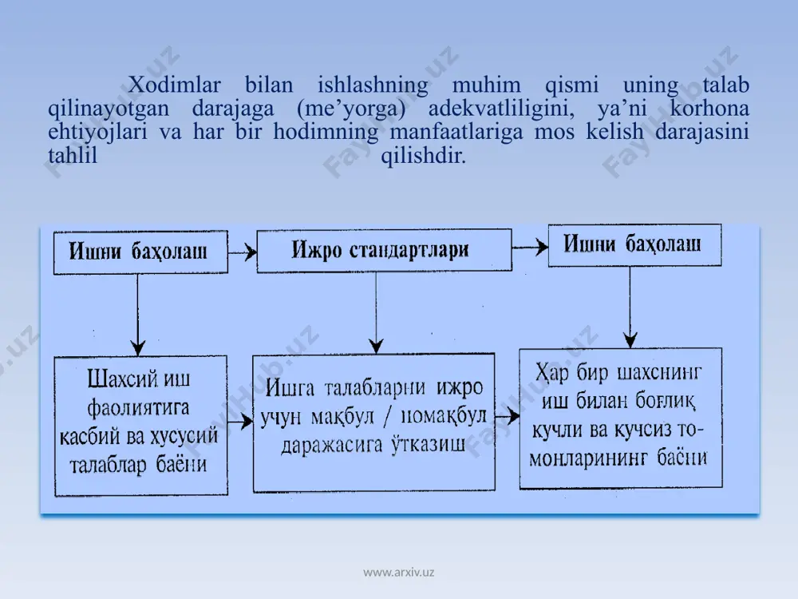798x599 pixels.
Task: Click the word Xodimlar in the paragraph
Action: (x=174, y=85)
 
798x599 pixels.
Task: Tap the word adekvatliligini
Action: (x=501, y=109)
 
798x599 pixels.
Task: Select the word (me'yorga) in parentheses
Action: (x=351, y=109)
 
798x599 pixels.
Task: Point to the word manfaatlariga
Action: (x=456, y=133)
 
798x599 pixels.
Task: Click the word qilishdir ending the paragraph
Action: (x=424, y=156)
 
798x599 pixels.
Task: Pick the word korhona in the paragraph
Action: (x=709, y=108)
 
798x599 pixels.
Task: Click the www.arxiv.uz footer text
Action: (x=398, y=572)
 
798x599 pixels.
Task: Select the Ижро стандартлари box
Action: (x=385, y=250)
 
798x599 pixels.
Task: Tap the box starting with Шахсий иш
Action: (x=141, y=426)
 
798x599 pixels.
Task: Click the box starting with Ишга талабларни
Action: (x=374, y=422)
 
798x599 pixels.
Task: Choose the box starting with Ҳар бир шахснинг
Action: (x=620, y=419)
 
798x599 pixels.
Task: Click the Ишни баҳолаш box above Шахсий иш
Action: (x=140, y=252)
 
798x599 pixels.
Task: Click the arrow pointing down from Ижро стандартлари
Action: (x=376, y=312)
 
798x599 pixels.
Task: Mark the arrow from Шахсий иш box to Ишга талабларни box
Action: (x=240, y=421)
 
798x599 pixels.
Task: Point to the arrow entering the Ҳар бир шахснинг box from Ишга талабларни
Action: (x=508, y=417)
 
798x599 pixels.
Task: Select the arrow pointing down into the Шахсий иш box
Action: (x=138, y=315)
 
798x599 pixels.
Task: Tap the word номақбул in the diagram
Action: (x=444, y=417)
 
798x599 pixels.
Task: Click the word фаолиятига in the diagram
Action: (x=138, y=408)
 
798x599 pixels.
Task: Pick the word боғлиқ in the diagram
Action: (x=665, y=402)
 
